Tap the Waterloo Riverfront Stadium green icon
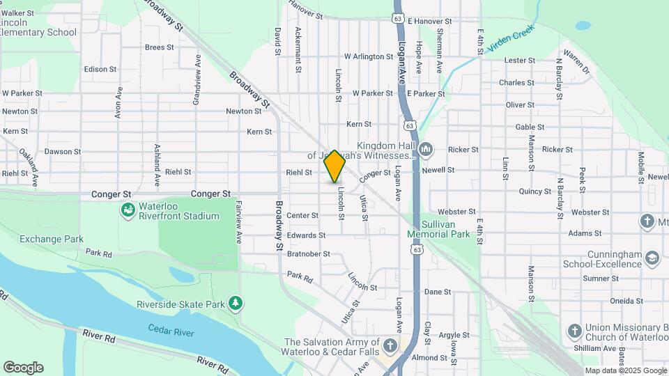pyautogui.click(x=128, y=209)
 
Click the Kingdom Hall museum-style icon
pyautogui.click(x=426, y=150)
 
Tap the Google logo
pyautogui.click(x=22, y=367)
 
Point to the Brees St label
pyautogui.click(x=159, y=47)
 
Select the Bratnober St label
pyautogui.click(x=308, y=254)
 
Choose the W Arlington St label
pyautogui.click(x=369, y=56)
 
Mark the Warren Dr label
pyautogui.click(x=576, y=62)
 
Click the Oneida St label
pyautogui.click(x=626, y=301)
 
